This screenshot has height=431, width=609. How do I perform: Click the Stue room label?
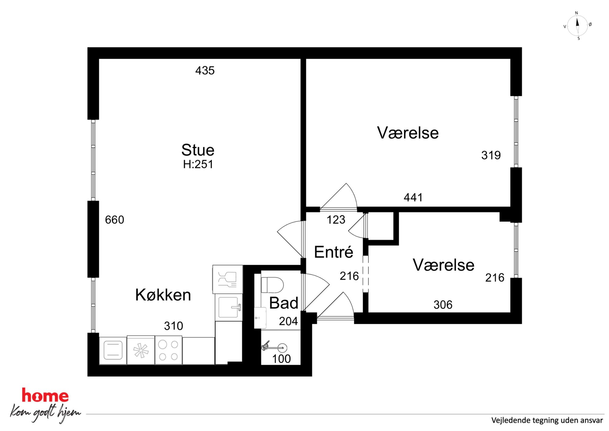[198, 150]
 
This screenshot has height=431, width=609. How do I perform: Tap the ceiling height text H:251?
[198, 164]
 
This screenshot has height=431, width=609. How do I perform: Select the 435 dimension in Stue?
[205, 71]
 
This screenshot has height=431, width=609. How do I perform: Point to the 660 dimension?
[114, 220]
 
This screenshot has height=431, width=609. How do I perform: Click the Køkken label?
[163, 295]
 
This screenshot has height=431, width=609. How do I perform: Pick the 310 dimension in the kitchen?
[173, 326]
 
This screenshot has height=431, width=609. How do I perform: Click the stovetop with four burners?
[169, 350]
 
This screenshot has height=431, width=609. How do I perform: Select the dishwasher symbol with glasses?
[227, 279]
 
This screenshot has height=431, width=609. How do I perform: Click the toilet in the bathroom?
[272, 285]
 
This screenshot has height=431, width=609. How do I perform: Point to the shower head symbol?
[274, 347]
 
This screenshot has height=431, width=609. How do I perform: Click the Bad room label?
[284, 303]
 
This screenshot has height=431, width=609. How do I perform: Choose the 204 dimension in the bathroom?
[288, 321]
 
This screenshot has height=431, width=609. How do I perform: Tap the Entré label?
[334, 252]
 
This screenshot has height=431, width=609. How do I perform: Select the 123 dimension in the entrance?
[336, 220]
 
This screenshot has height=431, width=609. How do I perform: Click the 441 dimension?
[413, 198]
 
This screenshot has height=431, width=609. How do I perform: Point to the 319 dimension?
[491, 155]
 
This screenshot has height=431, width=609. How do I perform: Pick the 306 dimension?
[443, 305]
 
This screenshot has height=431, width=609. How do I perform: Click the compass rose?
[577, 26]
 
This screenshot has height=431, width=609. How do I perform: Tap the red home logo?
[45, 395]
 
